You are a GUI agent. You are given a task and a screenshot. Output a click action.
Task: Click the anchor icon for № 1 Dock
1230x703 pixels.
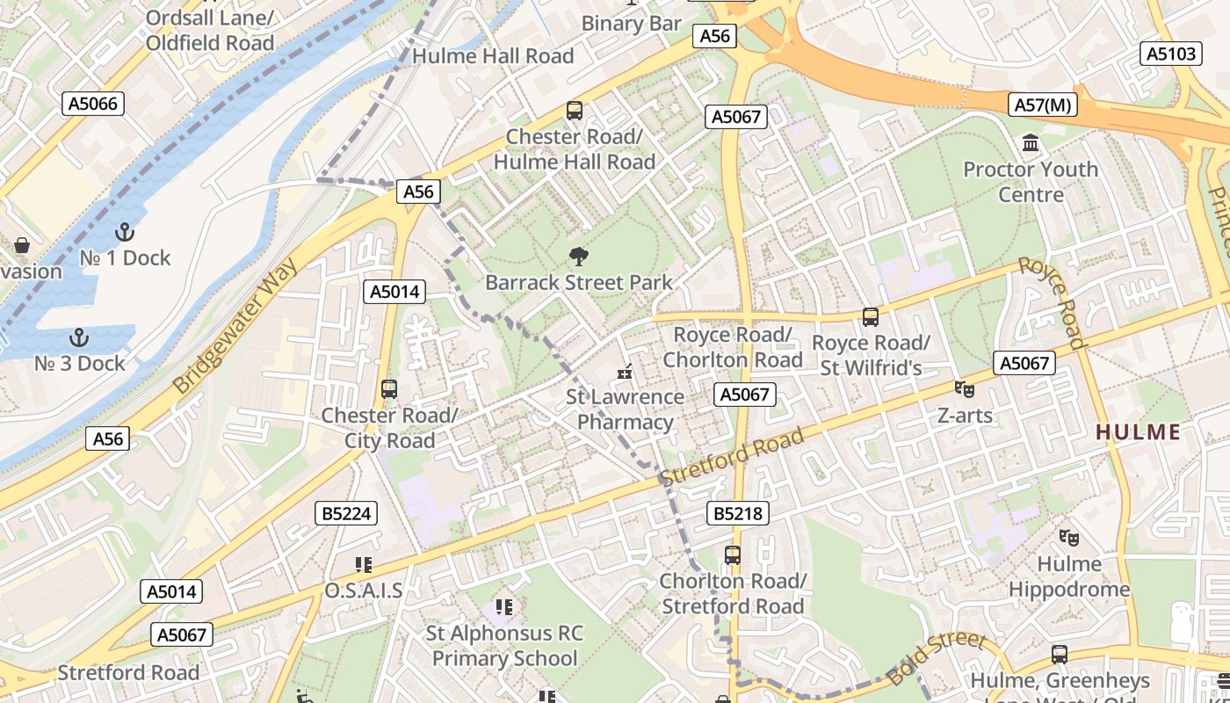[x=125, y=232]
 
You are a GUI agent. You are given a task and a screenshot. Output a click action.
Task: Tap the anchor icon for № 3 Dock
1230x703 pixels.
[x=79, y=337]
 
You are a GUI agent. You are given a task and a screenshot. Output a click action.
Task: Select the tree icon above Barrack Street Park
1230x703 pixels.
[x=578, y=257]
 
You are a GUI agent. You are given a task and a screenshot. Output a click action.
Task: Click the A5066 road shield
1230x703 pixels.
[x=93, y=105]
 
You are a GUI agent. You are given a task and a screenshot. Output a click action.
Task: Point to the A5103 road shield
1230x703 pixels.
[x=1171, y=54]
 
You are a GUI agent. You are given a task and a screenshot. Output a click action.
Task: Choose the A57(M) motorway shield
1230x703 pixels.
[x=1043, y=105]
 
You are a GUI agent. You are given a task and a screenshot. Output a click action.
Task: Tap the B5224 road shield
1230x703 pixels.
[x=346, y=513]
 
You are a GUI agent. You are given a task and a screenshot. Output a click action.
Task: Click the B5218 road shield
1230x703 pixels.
[x=738, y=513]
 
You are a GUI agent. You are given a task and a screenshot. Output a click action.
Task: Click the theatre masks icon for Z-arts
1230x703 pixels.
[x=965, y=388]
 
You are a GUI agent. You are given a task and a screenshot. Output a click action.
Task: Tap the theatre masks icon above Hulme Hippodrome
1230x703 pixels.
[x=1068, y=537]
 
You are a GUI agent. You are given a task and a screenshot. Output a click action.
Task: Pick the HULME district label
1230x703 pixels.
[x=1138, y=431]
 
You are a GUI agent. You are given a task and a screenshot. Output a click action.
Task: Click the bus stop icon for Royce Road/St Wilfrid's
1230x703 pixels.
[x=870, y=317]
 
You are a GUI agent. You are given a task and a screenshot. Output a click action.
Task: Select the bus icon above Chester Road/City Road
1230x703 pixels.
[x=388, y=388]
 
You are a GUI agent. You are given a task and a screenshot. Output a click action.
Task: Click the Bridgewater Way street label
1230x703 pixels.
[x=235, y=325]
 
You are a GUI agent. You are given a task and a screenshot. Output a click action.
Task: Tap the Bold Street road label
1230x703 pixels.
[x=937, y=659]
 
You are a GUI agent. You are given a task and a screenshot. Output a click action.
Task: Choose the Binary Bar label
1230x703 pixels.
[x=631, y=24]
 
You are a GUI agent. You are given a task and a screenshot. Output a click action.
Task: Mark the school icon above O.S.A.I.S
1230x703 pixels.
[x=363, y=564]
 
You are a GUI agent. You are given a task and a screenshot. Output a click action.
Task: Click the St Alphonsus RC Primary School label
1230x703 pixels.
[x=504, y=646]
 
